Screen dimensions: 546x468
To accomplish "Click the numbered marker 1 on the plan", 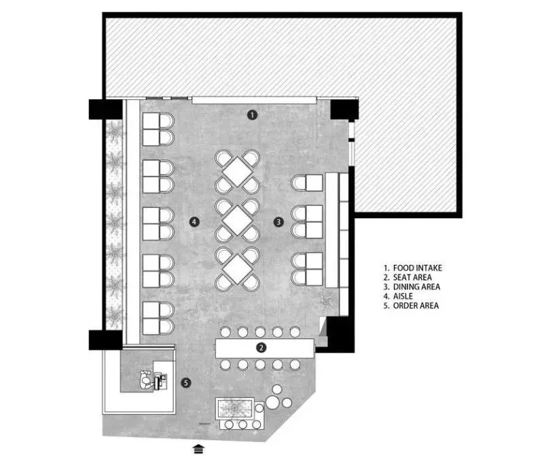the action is pos(252,115).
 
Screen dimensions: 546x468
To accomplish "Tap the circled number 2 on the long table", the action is pos(261,347).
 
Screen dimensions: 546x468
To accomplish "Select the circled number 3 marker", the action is pos(278,222).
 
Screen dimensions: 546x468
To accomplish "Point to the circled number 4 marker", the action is pos(194,221).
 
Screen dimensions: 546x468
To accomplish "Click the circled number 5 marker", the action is pos(186,383).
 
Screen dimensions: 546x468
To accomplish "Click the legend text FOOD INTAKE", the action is pos(418,268).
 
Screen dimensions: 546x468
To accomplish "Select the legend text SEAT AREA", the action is pos(412,277).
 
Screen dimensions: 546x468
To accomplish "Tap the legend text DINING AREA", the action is pos(416,287).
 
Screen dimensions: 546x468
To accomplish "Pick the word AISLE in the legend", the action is pos(403,296).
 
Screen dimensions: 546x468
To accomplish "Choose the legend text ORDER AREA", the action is pos(416,306).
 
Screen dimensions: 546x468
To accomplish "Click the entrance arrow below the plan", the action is pos(198,449).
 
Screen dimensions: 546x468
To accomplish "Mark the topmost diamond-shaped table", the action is pos(238,172).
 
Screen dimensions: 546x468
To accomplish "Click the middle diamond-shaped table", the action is pos(238,221).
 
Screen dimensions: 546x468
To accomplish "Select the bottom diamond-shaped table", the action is pos(238,269).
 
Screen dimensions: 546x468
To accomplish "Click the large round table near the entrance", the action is pos(272,403).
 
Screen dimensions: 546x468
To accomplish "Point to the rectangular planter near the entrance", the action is pos(235,408).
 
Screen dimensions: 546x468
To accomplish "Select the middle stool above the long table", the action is pos(260,332).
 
